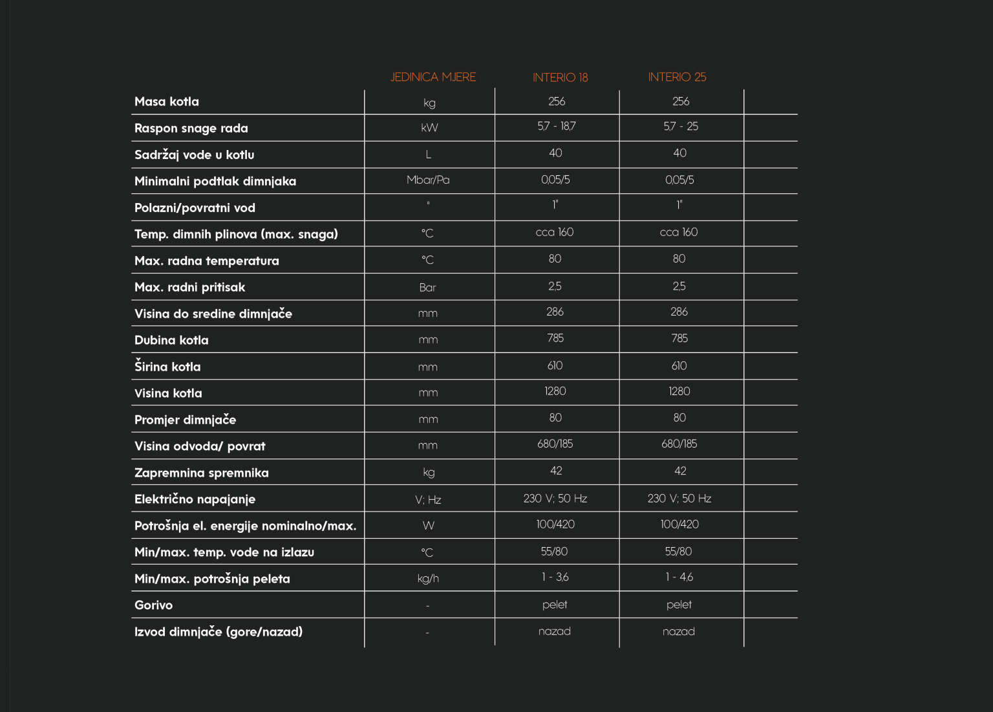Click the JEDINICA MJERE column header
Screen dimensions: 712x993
point(432,77)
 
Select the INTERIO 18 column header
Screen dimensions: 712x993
point(560,78)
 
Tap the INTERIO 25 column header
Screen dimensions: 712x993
point(677,77)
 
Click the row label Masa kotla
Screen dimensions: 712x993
point(167,102)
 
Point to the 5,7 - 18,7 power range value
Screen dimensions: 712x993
point(556,126)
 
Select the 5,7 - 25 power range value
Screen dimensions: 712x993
point(680,126)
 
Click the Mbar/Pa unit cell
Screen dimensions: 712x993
point(428,180)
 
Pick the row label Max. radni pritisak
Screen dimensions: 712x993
point(189,287)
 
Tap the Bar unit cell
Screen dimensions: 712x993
point(427,288)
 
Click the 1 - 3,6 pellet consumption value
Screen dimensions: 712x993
point(555,577)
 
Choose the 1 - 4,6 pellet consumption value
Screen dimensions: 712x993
point(679,577)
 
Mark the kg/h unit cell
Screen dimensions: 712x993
point(428,578)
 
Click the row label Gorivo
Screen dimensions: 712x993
point(153,605)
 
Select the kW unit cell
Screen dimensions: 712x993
point(429,127)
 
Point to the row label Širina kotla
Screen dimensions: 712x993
point(167,367)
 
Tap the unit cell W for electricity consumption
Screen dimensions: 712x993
point(428,525)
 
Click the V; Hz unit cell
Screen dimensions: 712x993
point(428,499)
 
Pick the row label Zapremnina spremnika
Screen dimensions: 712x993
point(201,473)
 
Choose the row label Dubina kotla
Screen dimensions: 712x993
point(171,340)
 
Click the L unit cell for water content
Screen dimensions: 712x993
point(428,155)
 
